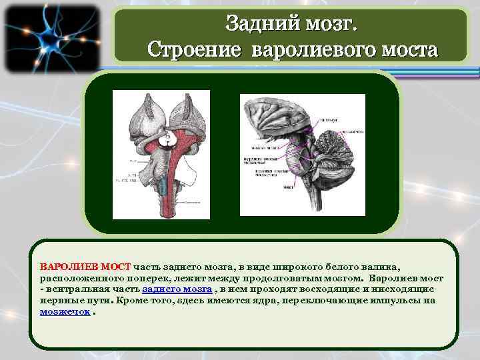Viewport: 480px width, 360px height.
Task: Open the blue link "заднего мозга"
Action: [177, 289]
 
